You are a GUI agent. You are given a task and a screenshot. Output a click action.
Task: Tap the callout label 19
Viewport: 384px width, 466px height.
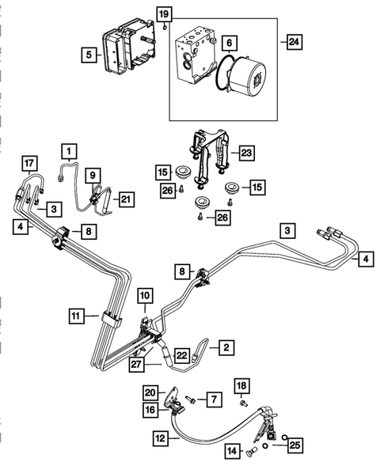163,14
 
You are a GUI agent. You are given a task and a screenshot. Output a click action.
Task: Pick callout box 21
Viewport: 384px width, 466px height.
126,199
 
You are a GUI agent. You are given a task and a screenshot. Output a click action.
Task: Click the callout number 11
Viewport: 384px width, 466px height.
75,316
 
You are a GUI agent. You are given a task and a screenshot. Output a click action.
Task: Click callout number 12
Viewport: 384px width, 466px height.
161,436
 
